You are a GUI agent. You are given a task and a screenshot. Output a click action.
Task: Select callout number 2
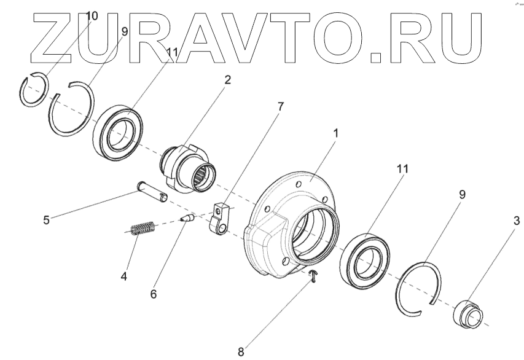(228, 80)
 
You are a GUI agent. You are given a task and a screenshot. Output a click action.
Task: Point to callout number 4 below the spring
(124, 276)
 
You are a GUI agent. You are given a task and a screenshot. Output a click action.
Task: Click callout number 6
(153, 294)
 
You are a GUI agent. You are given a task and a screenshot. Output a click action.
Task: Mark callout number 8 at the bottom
(241, 352)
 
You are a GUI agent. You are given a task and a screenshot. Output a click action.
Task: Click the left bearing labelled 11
(117, 132)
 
